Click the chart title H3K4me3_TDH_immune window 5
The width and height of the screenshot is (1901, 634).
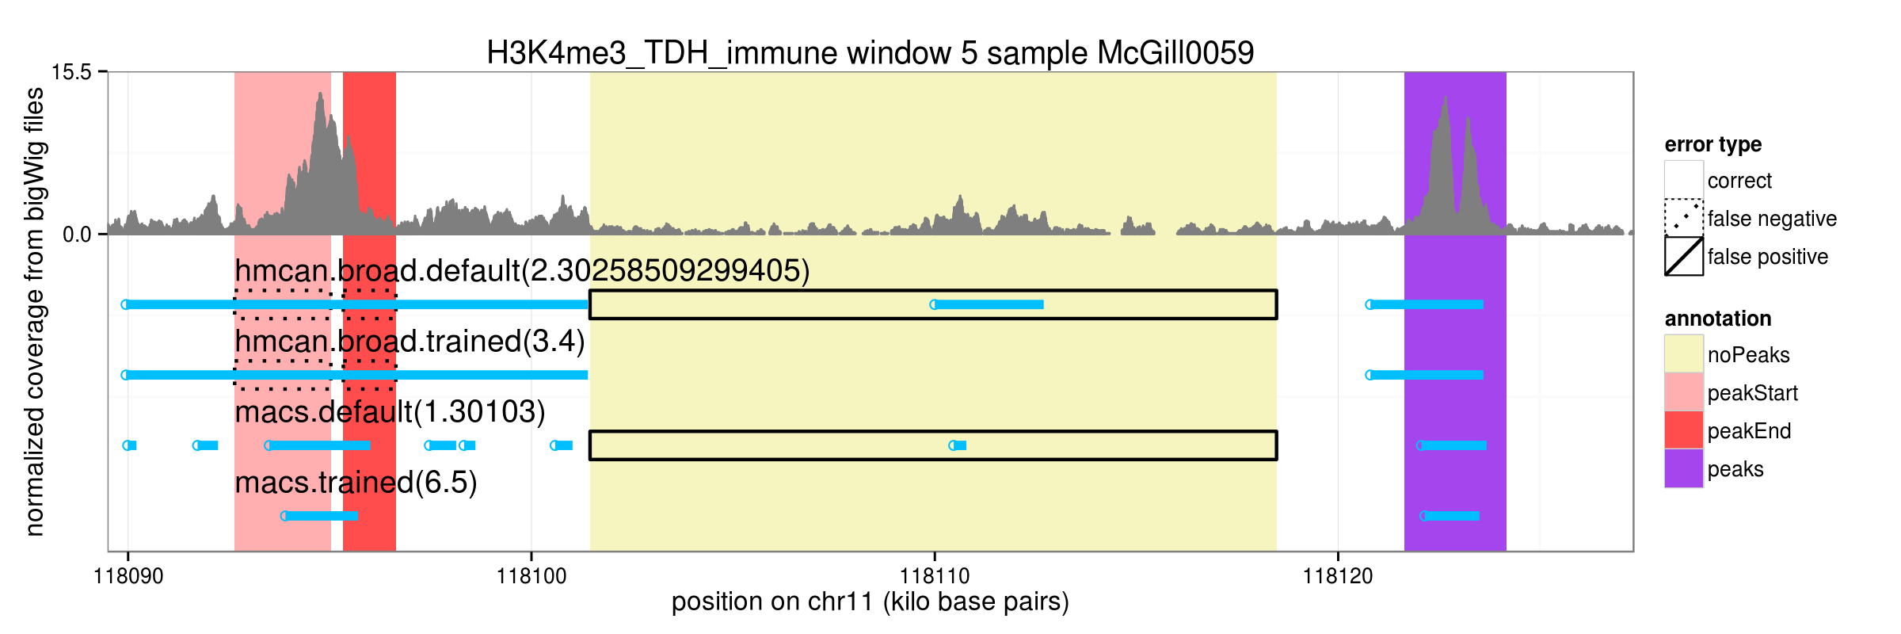(870, 53)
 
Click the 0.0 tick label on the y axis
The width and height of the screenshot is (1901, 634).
(78, 235)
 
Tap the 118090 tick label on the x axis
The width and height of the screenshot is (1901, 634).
(128, 576)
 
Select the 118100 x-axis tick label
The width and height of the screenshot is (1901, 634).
(531, 576)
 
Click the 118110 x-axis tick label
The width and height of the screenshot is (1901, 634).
(935, 576)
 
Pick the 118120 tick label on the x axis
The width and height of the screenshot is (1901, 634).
(1338, 576)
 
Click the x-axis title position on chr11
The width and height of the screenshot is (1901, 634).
(870, 602)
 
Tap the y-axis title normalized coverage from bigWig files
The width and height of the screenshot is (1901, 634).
(34, 311)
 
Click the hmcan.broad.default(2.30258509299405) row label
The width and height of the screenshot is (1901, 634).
(522, 271)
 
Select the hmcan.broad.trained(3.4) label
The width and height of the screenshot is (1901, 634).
(410, 342)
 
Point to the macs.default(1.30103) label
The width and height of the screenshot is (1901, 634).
(390, 412)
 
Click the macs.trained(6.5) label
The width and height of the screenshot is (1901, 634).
(356, 483)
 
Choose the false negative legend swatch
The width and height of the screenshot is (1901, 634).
(1684, 218)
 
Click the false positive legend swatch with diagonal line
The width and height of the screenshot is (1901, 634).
(1684, 256)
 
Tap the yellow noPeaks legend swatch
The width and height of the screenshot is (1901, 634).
(1684, 354)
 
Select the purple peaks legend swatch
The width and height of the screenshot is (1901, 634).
(1684, 468)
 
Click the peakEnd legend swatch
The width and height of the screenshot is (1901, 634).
(1684, 430)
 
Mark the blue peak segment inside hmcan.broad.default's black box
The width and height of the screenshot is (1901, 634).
(987, 304)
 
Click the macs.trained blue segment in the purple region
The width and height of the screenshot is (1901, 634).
(1450, 516)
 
